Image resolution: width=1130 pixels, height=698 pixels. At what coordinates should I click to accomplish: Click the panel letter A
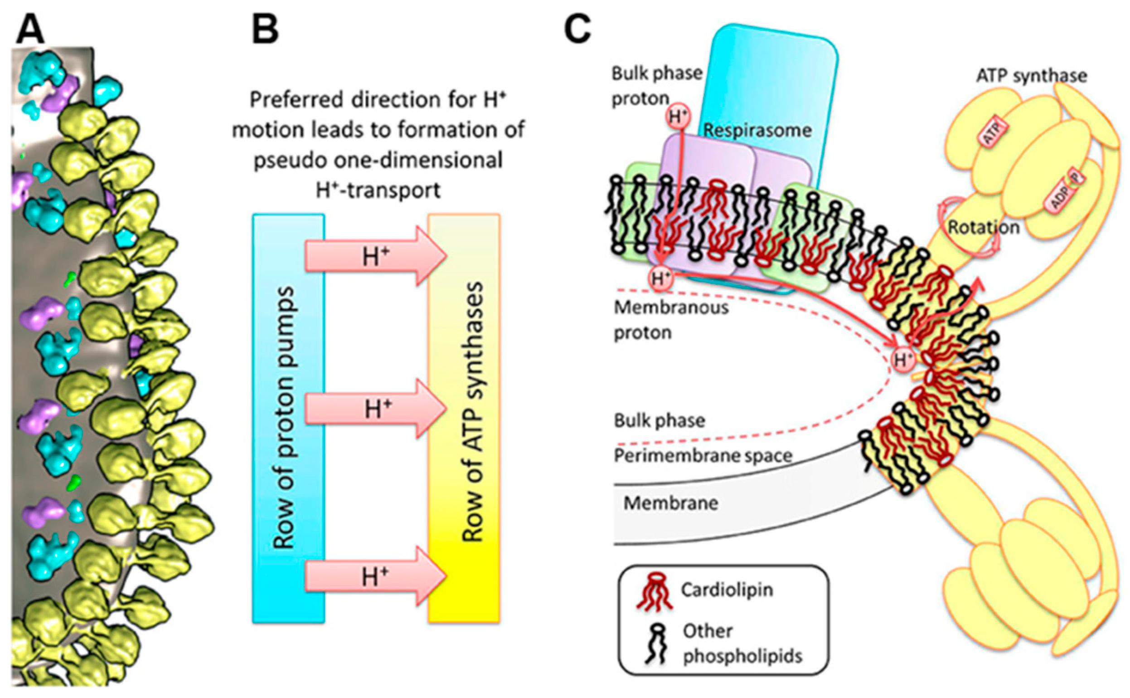[x=30, y=29]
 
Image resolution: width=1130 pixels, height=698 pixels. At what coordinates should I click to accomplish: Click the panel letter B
[x=265, y=29]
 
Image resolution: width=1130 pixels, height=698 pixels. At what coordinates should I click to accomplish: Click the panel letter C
[x=577, y=29]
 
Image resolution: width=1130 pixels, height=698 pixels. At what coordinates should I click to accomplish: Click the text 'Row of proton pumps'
[x=283, y=418]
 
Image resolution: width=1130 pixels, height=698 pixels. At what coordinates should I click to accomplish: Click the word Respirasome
[x=757, y=131]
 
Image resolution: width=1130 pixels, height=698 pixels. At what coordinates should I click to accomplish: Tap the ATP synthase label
[x=1031, y=76]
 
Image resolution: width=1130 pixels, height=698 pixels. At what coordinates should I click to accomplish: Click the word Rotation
[x=983, y=227]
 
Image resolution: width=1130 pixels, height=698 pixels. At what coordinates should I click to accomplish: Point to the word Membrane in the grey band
[x=671, y=503]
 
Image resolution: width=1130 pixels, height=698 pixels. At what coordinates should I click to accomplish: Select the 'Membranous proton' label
[x=671, y=319]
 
